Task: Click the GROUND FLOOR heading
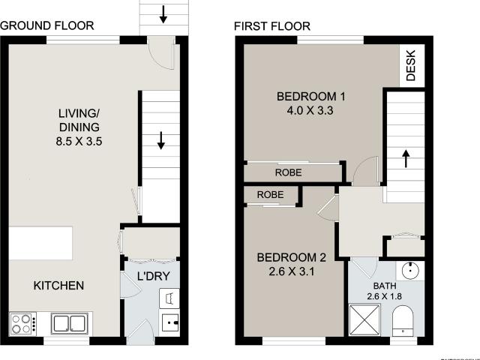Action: tap(46, 25)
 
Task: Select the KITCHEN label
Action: tap(58, 286)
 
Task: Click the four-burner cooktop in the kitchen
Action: tap(22, 324)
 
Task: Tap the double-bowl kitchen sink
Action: tap(70, 324)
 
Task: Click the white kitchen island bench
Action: tap(40, 242)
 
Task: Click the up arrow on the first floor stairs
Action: tap(406, 159)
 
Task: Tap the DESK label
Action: tap(411, 65)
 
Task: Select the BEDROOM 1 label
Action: tap(310, 97)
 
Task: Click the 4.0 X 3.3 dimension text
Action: tap(310, 110)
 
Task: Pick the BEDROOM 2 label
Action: tap(291, 258)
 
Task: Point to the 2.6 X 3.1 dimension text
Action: tap(291, 272)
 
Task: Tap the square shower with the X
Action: tap(366, 320)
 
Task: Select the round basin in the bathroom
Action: tap(409, 271)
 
